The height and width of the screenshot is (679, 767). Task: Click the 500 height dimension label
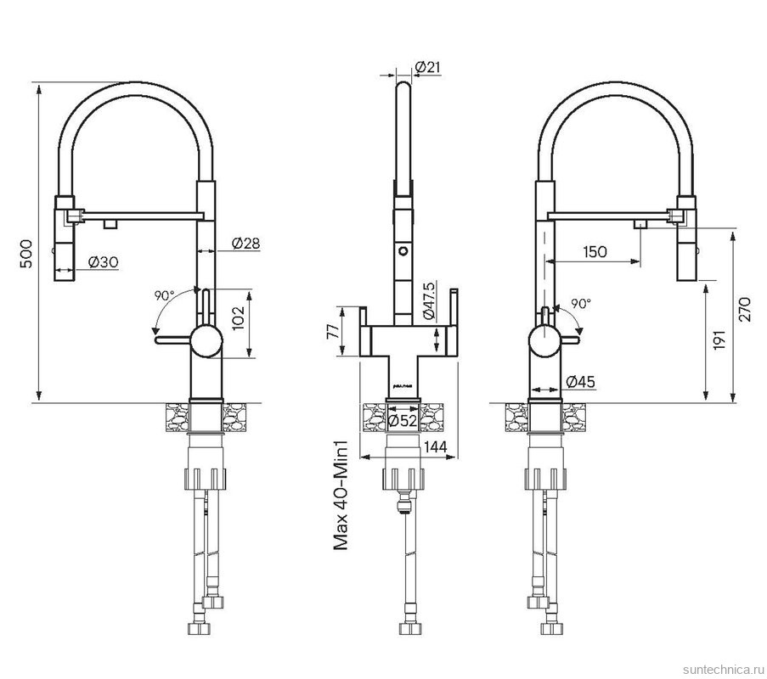(27, 254)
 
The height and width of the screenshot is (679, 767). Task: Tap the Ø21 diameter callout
(427, 67)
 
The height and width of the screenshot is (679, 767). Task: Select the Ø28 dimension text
(245, 243)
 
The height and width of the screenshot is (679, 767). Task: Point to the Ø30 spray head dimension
(104, 262)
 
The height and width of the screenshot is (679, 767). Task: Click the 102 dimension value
(238, 318)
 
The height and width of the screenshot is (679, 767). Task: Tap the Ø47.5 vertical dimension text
(429, 300)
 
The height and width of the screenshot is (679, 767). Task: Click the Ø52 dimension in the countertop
(402, 420)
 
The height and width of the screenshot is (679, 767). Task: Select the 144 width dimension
(436, 446)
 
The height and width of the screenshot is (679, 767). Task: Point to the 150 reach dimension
(595, 252)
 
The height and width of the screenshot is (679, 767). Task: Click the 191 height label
(720, 339)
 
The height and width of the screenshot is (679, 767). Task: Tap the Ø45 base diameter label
(581, 381)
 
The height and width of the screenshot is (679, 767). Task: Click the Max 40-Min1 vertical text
(341, 495)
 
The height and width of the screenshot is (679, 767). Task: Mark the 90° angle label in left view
(165, 295)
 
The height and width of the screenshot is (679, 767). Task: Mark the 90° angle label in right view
(581, 304)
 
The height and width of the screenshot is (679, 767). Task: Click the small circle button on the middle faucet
(403, 251)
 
